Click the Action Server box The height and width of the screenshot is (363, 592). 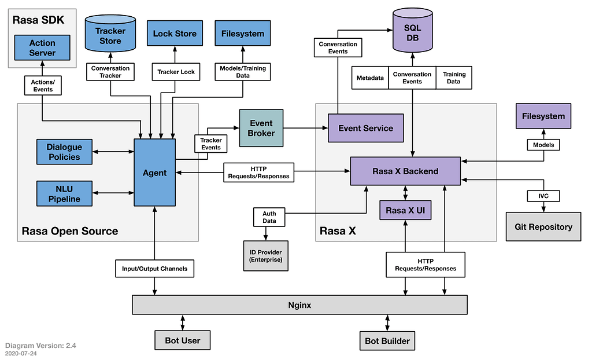click(x=42, y=47)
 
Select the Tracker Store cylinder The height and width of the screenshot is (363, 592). click(x=110, y=36)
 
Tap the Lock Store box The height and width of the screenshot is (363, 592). click(x=175, y=34)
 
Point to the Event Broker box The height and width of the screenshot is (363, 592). click(x=261, y=128)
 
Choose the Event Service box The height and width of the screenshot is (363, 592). click(x=365, y=128)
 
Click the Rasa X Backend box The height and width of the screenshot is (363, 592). click(x=405, y=171)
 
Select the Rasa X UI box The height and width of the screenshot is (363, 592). click(x=405, y=210)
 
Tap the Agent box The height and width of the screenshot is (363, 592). click(x=154, y=173)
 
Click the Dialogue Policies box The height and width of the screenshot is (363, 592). click(x=64, y=152)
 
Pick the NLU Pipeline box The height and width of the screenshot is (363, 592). click(x=64, y=194)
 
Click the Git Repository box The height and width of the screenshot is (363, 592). click(x=543, y=226)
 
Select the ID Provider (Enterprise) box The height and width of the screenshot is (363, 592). click(x=265, y=255)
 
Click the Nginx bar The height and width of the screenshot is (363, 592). click(x=299, y=305)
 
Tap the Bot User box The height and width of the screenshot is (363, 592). click(x=182, y=340)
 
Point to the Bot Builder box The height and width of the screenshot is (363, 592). click(x=387, y=340)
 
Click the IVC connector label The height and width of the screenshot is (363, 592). click(x=543, y=196)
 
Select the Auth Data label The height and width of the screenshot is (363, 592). click(x=269, y=217)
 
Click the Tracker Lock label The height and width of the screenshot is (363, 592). click(x=176, y=72)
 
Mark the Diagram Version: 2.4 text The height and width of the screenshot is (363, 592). click(x=40, y=346)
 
